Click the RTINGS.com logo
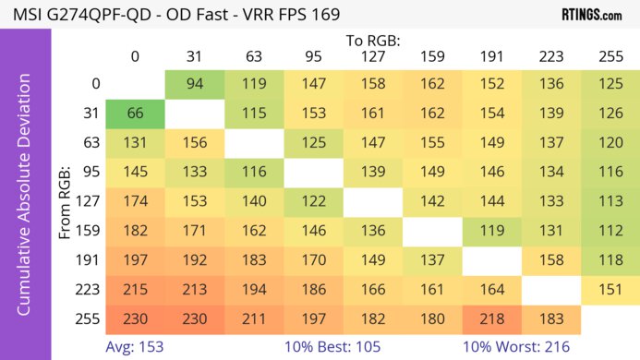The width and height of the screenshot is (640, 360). tap(592, 15)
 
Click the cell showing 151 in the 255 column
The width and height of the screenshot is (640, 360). tap(610, 289)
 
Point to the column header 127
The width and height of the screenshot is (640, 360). tap(372, 57)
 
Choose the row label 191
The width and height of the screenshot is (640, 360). tap(89, 259)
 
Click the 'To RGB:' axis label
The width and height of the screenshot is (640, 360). tap(372, 41)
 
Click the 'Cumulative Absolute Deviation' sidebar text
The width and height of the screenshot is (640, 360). tap(26, 201)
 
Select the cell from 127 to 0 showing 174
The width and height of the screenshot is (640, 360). tap(135, 201)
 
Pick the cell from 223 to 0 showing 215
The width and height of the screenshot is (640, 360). tap(135, 289)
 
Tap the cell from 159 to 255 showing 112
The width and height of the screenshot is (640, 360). tap(610, 231)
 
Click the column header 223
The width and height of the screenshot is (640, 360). tap(550, 57)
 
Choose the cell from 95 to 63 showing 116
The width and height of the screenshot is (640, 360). tap(254, 173)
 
